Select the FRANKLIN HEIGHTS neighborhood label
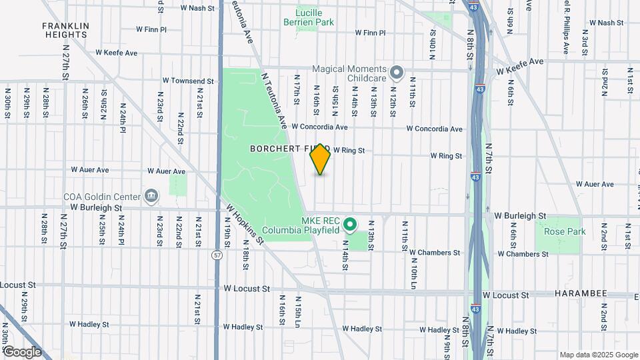(65, 30)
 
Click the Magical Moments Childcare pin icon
(397, 73)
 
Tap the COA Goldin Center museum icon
(151, 196)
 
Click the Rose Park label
(564, 231)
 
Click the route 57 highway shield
(218, 255)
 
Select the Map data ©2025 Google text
(598, 355)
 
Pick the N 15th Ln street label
(298, 311)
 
